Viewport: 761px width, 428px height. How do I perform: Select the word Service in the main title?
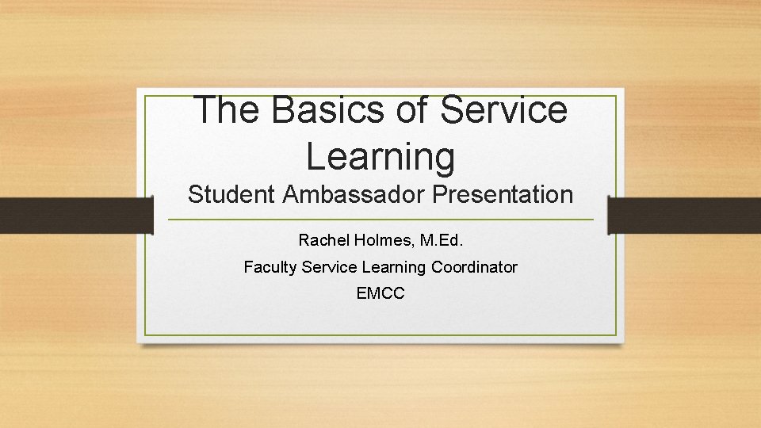point(503,109)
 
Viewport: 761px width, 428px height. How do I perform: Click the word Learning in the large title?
point(380,155)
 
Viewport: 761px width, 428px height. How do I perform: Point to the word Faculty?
point(270,267)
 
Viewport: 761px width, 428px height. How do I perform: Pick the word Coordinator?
point(474,267)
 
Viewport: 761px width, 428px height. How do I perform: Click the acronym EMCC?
point(380,293)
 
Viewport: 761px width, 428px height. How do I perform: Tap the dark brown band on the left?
point(75,216)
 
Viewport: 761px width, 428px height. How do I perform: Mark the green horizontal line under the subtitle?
point(380,220)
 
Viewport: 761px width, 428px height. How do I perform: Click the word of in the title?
point(411,109)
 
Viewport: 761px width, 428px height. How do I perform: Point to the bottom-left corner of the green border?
point(146,334)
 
